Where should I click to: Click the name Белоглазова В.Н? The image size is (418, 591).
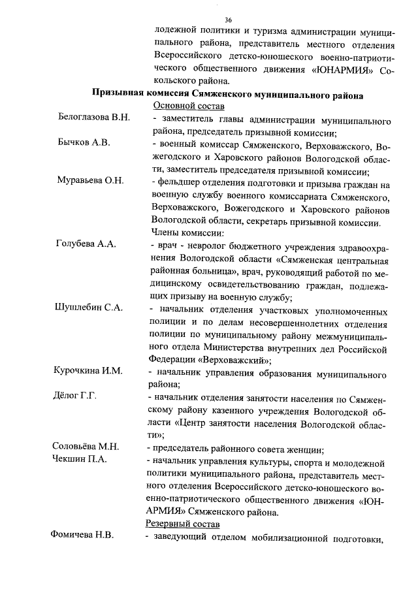pos(94,118)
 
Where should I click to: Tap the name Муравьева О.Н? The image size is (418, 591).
pos(91,180)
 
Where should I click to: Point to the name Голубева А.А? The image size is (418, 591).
pos(87,244)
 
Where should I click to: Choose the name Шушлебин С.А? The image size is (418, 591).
pos(90,307)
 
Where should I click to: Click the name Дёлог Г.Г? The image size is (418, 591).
pos(74,396)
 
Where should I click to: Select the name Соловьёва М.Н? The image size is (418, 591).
pos(85,447)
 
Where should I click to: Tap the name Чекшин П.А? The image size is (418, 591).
pos(80,459)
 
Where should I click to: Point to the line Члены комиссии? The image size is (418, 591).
pos(187,233)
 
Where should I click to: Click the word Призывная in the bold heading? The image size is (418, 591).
pos(120,94)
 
